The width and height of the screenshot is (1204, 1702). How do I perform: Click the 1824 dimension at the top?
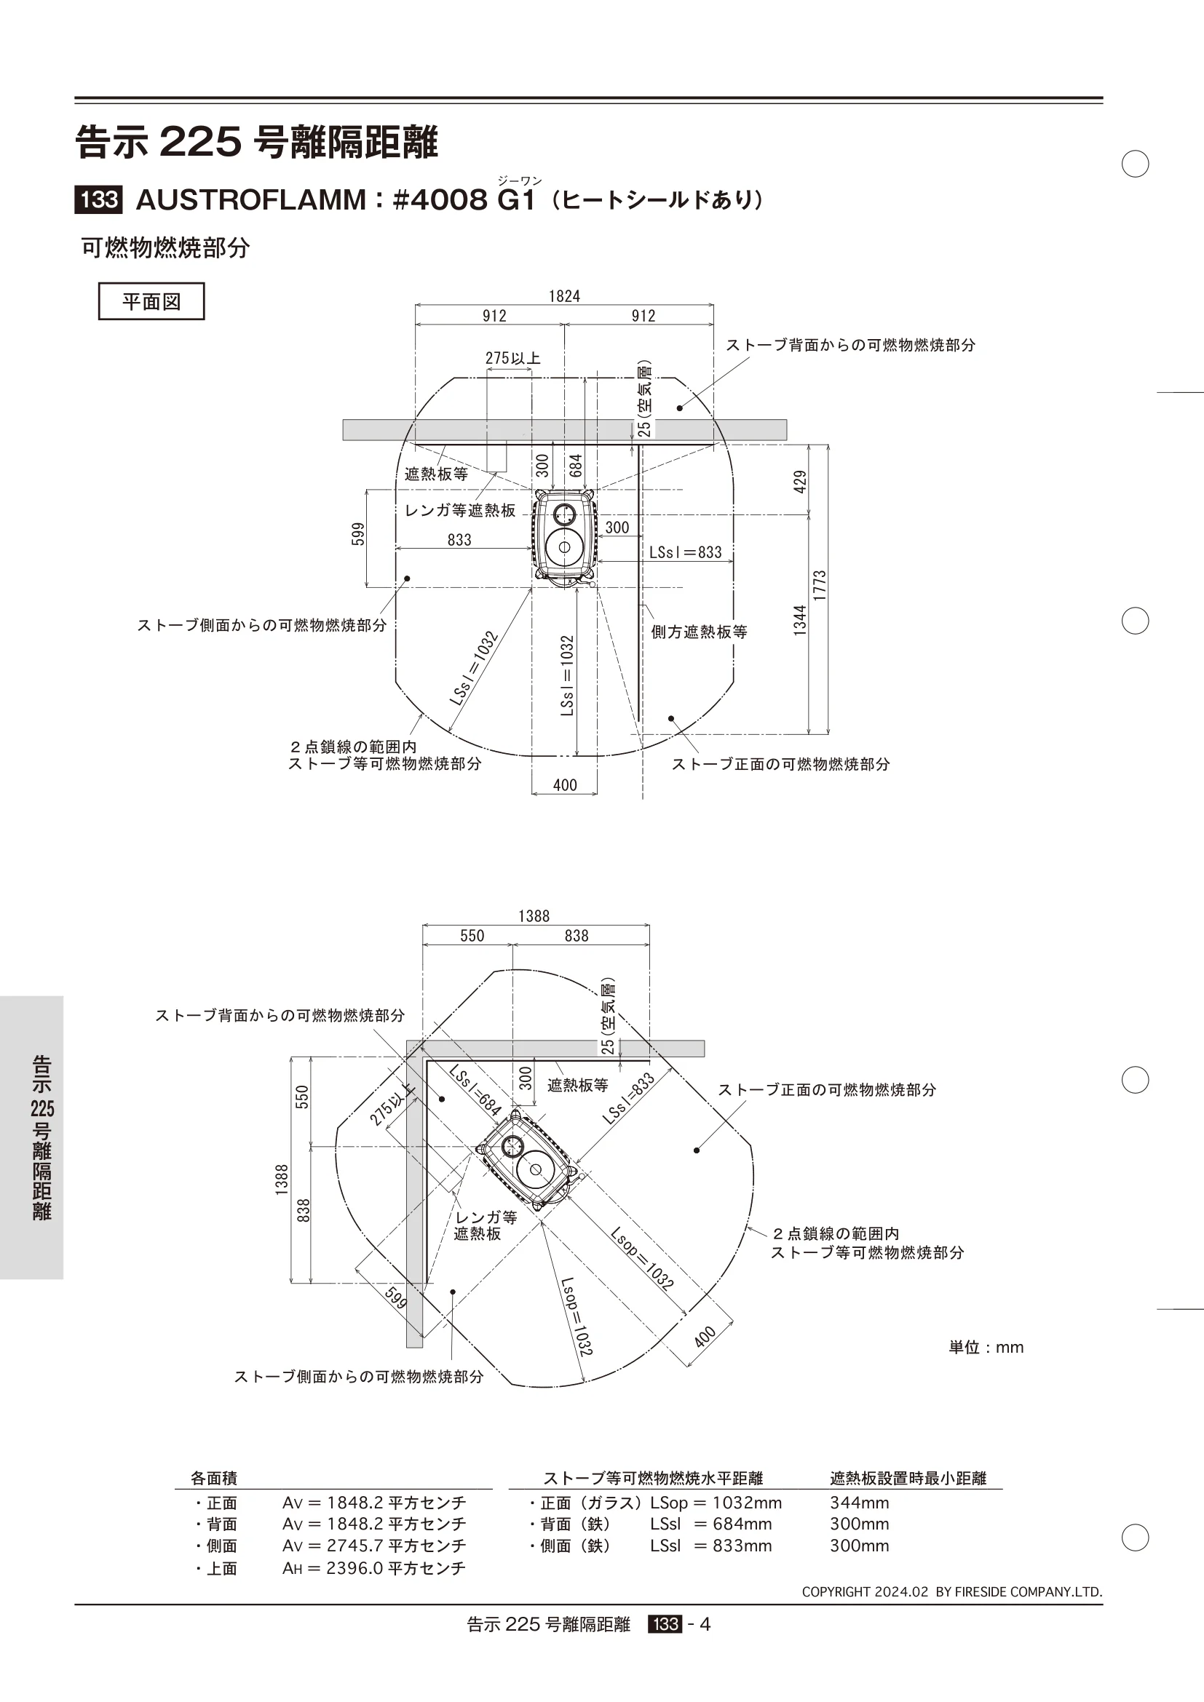point(564,296)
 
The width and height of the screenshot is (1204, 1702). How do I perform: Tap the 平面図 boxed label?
point(151,302)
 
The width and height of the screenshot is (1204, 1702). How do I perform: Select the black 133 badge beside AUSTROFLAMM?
point(98,200)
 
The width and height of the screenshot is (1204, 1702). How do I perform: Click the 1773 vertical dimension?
point(819,586)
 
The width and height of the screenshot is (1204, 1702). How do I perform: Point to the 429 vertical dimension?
point(799,482)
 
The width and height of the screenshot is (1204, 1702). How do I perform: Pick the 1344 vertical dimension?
point(799,621)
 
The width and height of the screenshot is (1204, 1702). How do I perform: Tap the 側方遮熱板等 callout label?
point(699,632)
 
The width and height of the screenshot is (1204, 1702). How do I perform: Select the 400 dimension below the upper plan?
point(565,785)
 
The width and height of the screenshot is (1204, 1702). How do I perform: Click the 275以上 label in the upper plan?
point(513,358)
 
